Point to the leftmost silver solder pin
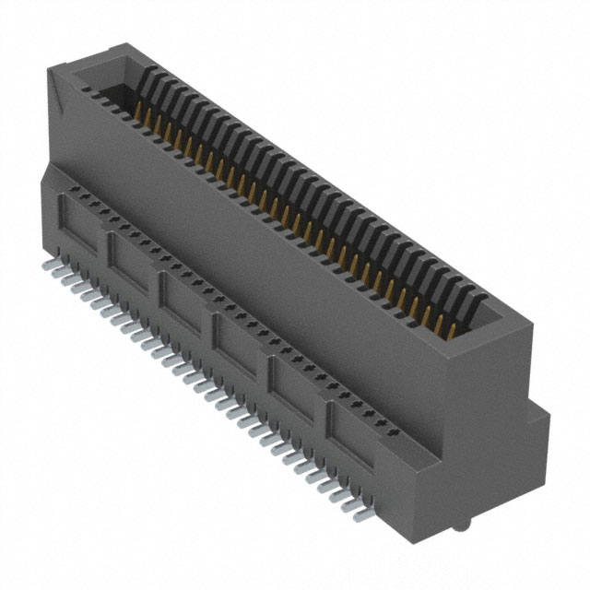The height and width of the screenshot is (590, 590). point(48,265)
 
